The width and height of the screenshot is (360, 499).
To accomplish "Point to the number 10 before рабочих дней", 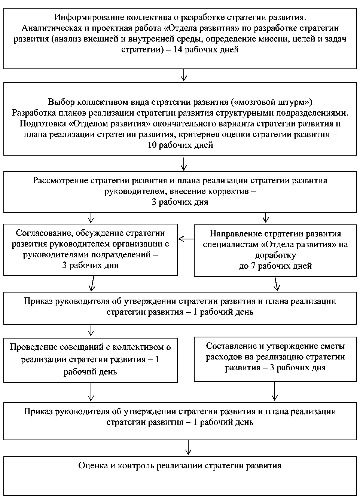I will pos(153,145).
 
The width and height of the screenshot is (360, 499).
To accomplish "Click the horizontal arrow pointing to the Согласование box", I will pos(186,239).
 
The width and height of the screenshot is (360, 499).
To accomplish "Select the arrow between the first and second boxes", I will pos(183,75).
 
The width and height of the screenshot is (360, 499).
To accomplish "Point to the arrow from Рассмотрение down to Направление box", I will pos(266,218).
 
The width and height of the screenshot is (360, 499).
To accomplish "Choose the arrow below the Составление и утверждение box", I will pos(275,392).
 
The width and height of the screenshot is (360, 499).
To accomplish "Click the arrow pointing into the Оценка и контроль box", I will pos(189,447).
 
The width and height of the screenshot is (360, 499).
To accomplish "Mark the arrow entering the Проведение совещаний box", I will pos(91,331).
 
